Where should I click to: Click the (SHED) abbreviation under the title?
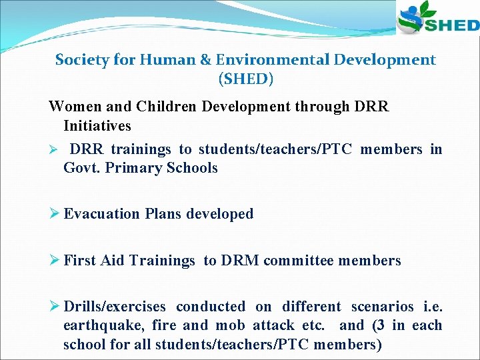tap(245, 79)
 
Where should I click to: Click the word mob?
tap(227, 326)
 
